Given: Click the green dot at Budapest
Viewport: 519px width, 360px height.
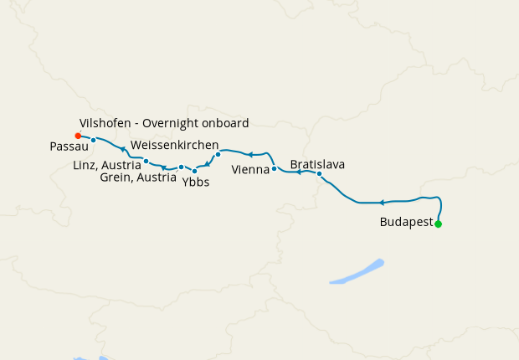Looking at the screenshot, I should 438,224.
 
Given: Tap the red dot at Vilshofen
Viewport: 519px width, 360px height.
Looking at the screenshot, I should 78,135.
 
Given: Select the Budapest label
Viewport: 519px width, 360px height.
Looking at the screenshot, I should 406,223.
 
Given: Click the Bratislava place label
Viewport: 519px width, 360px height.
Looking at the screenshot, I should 317,164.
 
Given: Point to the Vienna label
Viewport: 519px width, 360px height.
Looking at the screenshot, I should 250,169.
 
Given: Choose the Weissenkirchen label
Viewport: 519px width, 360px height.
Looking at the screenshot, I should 174,145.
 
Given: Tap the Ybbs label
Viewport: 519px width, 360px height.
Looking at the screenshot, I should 196,182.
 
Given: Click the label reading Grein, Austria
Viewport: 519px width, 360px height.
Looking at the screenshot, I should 137,177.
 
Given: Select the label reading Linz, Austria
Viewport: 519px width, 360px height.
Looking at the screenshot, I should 108,165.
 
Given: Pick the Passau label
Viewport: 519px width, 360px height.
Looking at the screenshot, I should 64,146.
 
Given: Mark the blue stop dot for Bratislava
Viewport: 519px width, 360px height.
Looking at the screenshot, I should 319,173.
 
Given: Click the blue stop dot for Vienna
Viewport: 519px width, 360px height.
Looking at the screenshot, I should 274,168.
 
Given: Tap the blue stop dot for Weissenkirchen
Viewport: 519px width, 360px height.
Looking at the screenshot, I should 218,154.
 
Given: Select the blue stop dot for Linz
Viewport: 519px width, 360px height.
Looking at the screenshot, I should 146,161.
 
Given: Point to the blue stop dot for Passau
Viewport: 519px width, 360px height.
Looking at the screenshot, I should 94,140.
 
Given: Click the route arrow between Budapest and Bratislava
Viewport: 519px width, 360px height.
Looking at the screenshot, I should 382,203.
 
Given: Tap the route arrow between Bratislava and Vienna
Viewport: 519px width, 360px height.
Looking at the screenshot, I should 298,172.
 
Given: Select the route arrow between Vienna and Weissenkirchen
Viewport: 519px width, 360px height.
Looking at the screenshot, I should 249,155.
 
